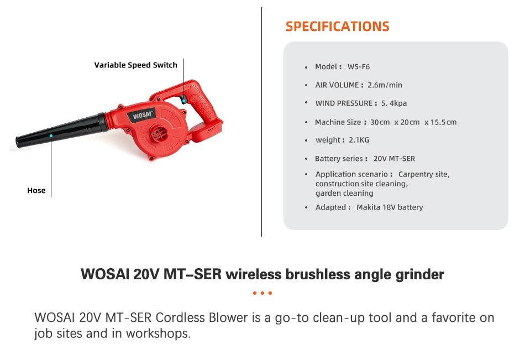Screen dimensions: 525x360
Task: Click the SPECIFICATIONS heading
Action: coord(338,27)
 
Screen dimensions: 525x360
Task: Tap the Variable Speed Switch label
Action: coord(135,65)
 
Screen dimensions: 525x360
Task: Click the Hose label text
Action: coord(36,190)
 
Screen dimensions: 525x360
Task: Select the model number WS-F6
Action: coord(359,67)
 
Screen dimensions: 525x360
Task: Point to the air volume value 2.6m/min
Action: coord(385,85)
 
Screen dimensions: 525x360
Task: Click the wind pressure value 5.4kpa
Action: coord(394,103)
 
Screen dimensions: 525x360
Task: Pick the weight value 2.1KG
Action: coord(359,140)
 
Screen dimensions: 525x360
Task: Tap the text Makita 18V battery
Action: coord(390,207)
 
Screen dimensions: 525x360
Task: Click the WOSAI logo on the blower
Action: coord(142,115)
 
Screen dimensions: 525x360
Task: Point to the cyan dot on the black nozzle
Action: coord(51,135)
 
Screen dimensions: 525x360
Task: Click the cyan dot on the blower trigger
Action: coord(184,101)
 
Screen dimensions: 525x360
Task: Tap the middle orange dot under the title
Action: coord(262,293)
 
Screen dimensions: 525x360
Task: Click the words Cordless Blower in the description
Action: coord(202,317)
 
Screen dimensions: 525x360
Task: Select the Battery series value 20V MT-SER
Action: coord(394,159)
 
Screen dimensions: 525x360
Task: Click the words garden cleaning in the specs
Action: coord(344,193)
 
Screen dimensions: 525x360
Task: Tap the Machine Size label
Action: coord(338,122)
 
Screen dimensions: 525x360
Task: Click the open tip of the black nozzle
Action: coord(18,142)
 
